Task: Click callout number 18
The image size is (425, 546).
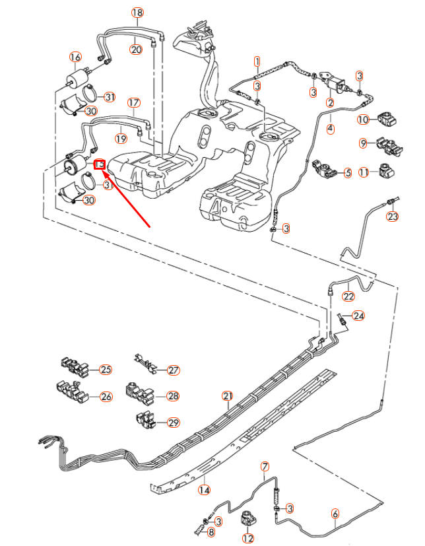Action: click(x=137, y=13)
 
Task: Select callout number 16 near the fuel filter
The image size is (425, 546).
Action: click(x=75, y=57)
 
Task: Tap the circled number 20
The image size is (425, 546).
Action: click(x=136, y=49)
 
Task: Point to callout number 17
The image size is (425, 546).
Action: click(x=134, y=103)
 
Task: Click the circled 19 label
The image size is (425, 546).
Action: click(x=121, y=138)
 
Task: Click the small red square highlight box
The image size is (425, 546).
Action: click(x=100, y=164)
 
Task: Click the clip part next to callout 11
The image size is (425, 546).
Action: click(x=385, y=170)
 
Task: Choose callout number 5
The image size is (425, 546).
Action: click(x=347, y=173)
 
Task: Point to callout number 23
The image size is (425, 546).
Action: click(x=393, y=217)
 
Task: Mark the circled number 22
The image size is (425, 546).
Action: click(x=348, y=296)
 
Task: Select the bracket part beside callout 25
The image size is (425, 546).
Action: click(x=75, y=366)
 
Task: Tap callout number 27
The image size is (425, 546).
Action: click(x=174, y=370)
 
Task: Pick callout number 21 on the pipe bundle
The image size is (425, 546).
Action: click(x=228, y=395)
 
